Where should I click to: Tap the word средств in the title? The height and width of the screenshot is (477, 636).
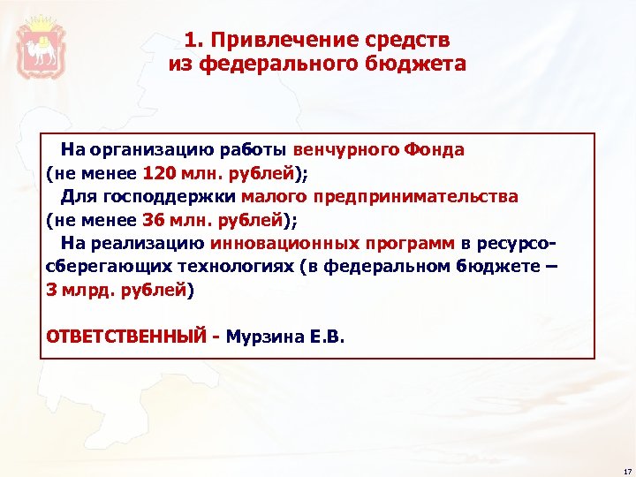click(x=409, y=40)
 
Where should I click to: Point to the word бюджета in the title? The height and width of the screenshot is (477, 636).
click(x=421, y=64)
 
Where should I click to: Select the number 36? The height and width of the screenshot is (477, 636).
click(x=152, y=219)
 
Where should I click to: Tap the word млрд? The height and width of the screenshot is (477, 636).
click(x=84, y=289)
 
